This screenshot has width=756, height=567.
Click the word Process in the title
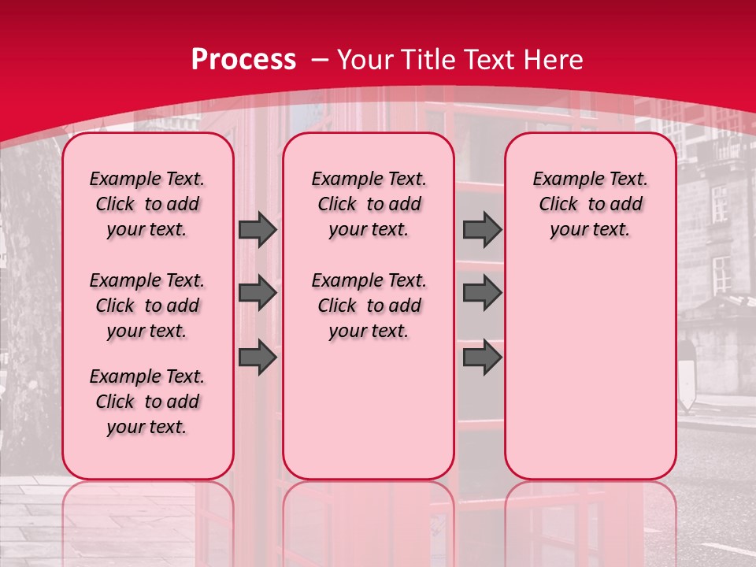[x=243, y=59]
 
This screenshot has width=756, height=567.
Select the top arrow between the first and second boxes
[x=258, y=229]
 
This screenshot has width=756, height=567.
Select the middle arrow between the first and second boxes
[x=258, y=293]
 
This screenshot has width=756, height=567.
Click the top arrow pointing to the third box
[x=482, y=229]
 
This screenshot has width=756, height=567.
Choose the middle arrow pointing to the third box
[x=482, y=293]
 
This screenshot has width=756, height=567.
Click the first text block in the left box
[x=147, y=204]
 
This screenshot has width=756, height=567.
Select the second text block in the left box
[x=147, y=306]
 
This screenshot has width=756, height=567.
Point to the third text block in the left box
[x=147, y=402]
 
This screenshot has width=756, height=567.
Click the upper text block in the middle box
[x=369, y=204]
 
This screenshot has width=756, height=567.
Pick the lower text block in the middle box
[x=369, y=306]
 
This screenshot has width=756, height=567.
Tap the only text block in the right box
[x=590, y=204]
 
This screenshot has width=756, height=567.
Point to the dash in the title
[x=320, y=59]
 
